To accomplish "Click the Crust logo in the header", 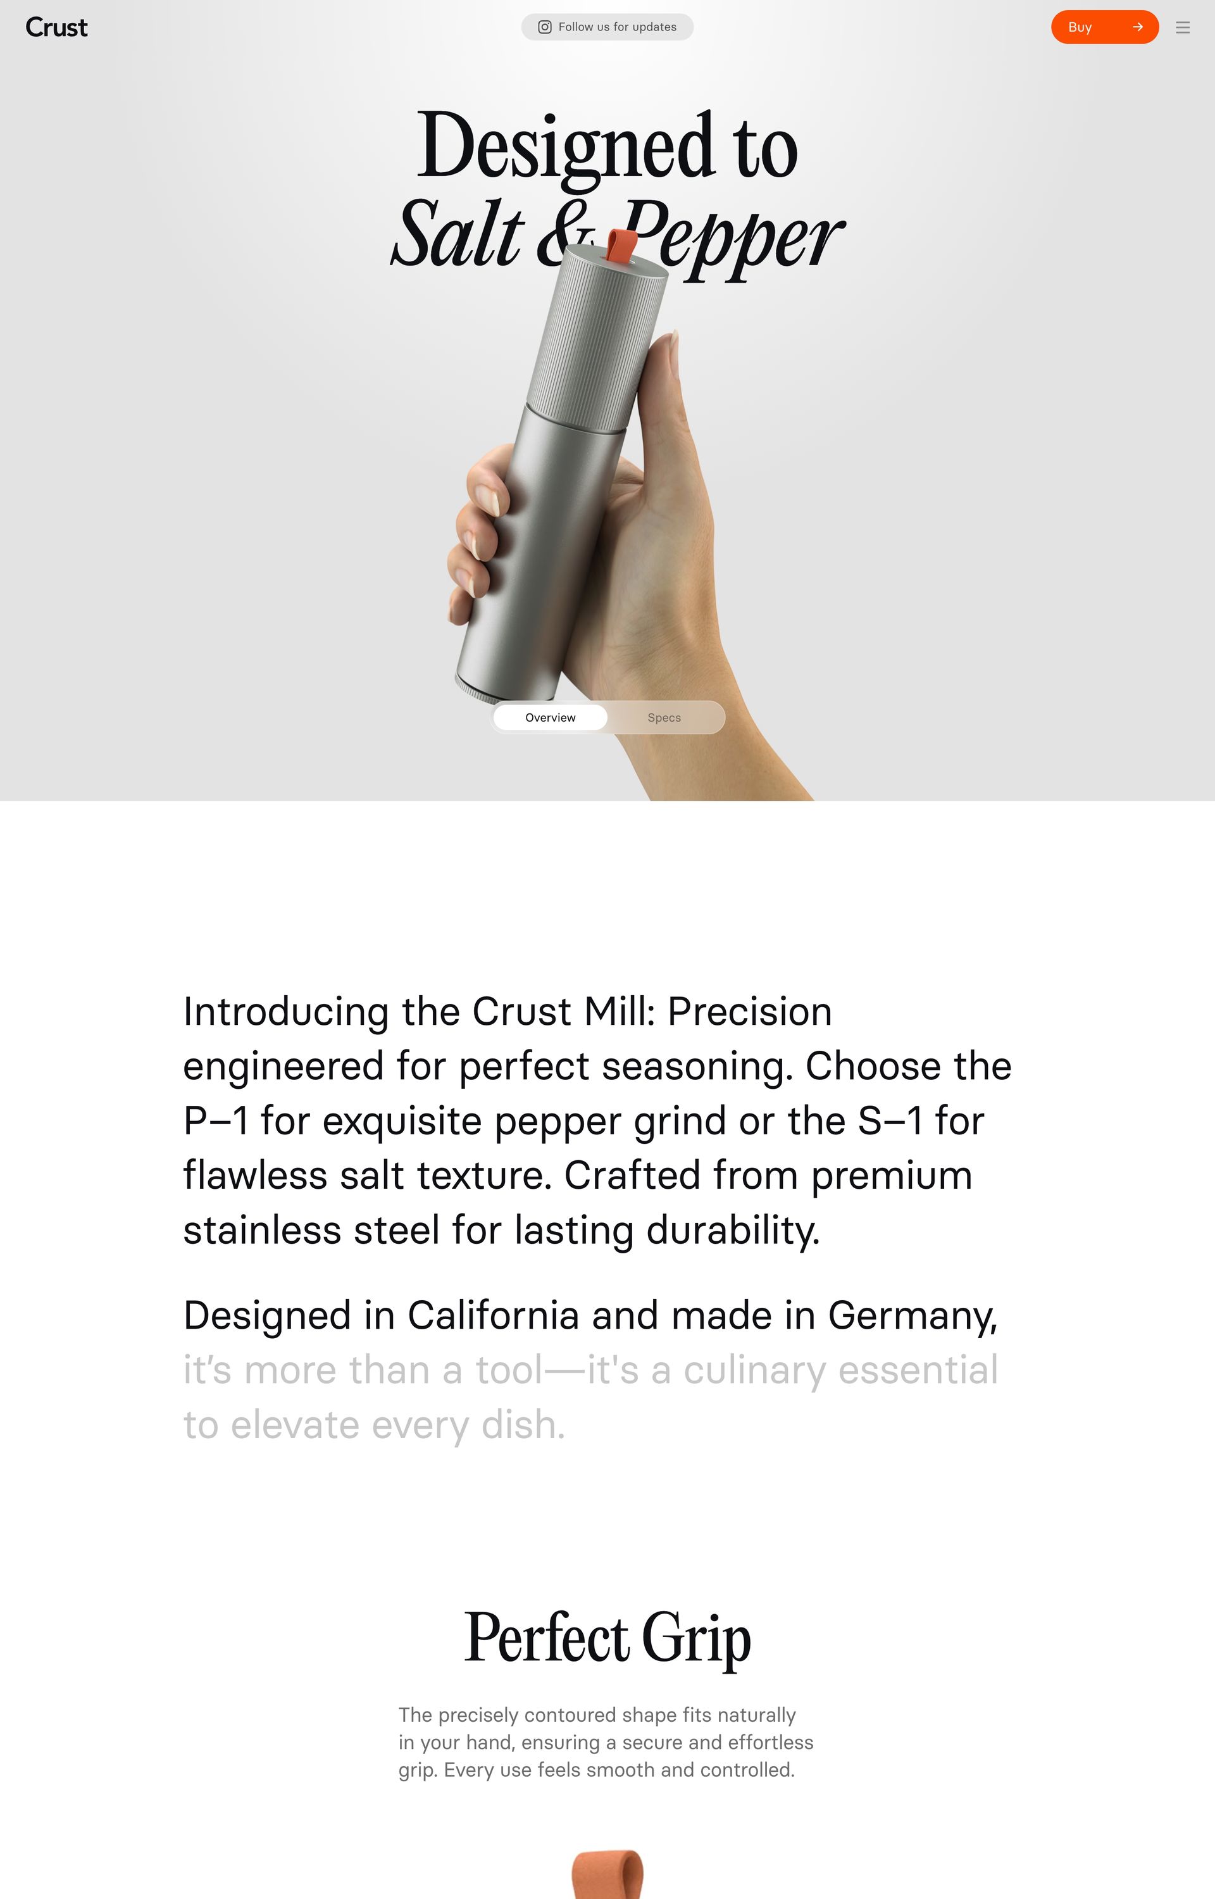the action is [56, 28].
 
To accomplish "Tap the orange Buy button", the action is [1104, 27].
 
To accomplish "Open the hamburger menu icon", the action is [1183, 28].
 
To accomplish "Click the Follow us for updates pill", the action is [607, 27].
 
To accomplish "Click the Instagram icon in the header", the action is [544, 27].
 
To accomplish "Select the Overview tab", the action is [551, 717].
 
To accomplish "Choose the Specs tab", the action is [664, 717].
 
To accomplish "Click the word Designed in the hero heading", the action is [566, 147].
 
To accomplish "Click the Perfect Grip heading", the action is [607, 1637].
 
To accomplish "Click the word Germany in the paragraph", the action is [913, 1316].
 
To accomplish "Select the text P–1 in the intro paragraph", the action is [216, 1120].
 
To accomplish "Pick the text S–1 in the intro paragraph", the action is [890, 1120].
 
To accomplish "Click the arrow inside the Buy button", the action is [1138, 27].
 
